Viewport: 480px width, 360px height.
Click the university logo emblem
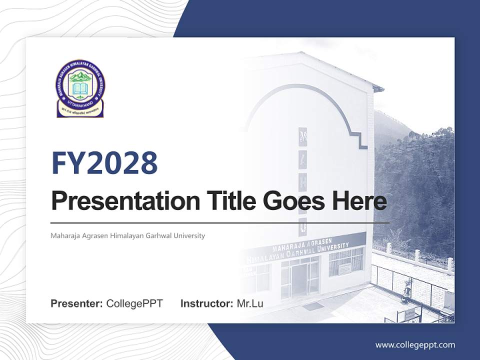pyautogui.click(x=80, y=88)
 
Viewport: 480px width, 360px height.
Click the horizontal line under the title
pyautogui.click(x=220, y=222)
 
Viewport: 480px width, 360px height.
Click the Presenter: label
pyautogui.click(x=77, y=303)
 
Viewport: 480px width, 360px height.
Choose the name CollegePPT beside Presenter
pyautogui.click(x=134, y=303)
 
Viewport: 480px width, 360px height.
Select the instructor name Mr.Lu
pyautogui.click(x=249, y=303)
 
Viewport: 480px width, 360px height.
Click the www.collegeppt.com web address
pyautogui.click(x=415, y=344)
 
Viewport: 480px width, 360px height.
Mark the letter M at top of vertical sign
pyautogui.click(x=302, y=135)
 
